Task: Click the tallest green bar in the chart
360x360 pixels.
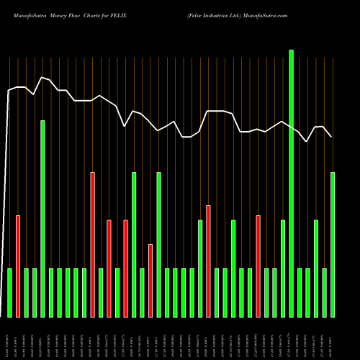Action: [x=291, y=184]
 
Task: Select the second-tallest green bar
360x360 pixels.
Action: [x=42, y=219]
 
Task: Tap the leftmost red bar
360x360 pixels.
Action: [x=18, y=266]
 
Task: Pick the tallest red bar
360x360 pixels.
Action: [x=92, y=245]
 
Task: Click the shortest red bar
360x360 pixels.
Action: [x=150, y=281]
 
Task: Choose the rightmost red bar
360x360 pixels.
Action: [x=258, y=266]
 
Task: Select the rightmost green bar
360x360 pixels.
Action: [x=333, y=245]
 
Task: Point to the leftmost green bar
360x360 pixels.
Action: [x=9, y=292]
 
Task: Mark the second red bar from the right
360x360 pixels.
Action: [x=208, y=261]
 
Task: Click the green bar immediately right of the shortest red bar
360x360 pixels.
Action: [x=158, y=245]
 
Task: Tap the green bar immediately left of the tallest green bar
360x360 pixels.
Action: [x=283, y=269]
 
